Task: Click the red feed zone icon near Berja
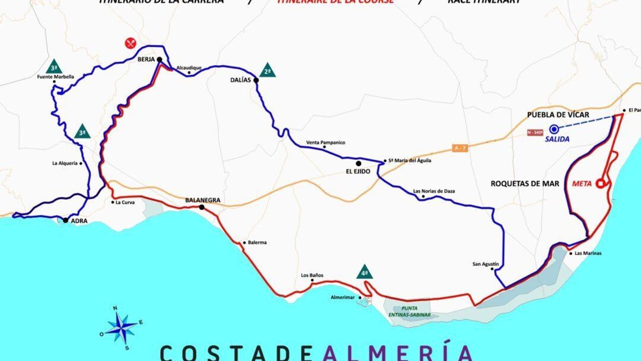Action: coord(130,43)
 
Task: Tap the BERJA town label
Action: coord(146,59)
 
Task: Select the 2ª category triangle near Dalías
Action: coord(268,71)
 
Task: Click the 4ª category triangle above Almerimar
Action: coord(365,272)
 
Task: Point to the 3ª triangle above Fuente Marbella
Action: coord(54,67)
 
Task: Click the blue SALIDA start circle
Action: coord(554,129)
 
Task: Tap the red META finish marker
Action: coord(600,183)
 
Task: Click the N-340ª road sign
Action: coord(535,132)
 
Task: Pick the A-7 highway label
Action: coord(460,148)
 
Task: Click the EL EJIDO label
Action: coord(358,171)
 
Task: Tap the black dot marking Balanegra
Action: coord(202,207)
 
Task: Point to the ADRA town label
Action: coord(79,221)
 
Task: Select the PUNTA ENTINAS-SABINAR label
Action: coord(409,311)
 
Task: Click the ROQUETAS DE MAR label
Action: coord(525,184)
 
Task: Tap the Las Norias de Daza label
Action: coord(434,191)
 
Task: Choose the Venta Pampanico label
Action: coord(325,142)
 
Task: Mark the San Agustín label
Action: coord(486,264)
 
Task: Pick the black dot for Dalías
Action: coord(256,80)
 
